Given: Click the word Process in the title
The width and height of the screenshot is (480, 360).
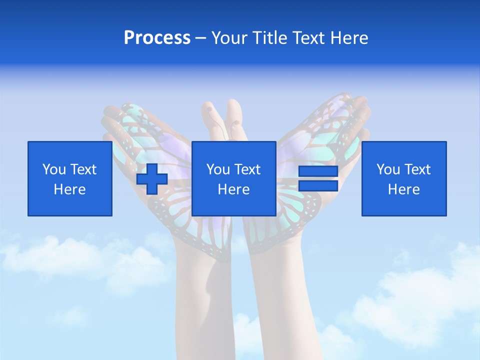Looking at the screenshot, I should pyautogui.click(x=157, y=38).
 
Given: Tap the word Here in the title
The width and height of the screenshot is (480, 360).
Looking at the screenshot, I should pyautogui.click(x=348, y=38).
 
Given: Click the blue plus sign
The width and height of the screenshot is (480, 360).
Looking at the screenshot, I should pyautogui.click(x=152, y=178).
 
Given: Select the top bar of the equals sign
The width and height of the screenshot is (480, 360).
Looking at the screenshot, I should pyautogui.click(x=318, y=171).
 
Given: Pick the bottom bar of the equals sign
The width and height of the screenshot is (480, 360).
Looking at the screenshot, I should pyautogui.click(x=318, y=186).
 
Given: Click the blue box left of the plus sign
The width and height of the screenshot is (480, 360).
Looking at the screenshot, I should pyautogui.click(x=70, y=178).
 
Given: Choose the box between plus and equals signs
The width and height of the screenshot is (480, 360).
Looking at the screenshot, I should pyautogui.click(x=233, y=178).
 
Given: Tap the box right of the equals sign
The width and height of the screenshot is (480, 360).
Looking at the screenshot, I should pyautogui.click(x=404, y=178).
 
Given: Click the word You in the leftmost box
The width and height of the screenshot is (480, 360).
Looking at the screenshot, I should pyautogui.click(x=54, y=169).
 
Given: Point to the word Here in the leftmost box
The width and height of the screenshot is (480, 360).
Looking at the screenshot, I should pyautogui.click(x=70, y=189).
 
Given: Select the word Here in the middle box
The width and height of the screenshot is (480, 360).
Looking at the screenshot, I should pyautogui.click(x=233, y=189).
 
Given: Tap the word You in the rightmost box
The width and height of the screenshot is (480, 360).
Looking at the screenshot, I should pyautogui.click(x=388, y=169).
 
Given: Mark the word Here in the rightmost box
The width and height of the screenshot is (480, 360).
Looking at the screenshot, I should pyautogui.click(x=404, y=189).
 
